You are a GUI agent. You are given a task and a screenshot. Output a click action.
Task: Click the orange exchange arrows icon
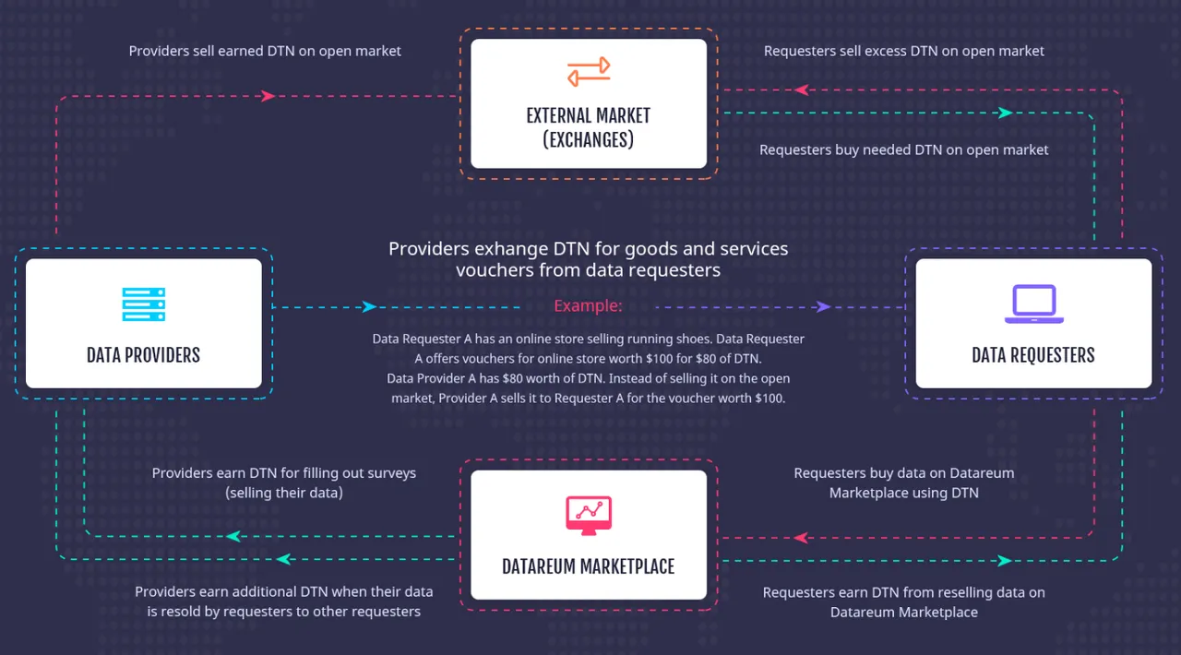point(589,72)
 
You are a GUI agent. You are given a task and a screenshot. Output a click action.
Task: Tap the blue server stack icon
point(143,304)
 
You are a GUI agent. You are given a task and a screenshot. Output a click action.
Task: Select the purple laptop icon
point(1034,304)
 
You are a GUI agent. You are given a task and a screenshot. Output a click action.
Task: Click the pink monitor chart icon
point(589,516)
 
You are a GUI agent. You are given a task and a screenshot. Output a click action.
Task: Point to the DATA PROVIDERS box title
point(143,355)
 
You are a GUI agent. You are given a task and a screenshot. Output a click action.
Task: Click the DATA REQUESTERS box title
point(1033,355)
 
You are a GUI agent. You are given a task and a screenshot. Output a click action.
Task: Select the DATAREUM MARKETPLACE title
point(589,567)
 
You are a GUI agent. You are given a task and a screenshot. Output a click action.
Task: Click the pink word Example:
point(588,306)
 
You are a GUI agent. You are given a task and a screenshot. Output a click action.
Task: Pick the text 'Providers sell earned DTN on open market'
point(265,51)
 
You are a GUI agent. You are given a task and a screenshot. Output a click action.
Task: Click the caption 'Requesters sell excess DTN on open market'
point(903,51)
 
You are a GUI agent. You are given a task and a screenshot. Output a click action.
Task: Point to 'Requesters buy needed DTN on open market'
point(903,149)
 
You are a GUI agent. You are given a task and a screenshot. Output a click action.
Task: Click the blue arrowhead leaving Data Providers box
point(369,307)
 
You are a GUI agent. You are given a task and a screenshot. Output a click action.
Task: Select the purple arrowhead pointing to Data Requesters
point(823,307)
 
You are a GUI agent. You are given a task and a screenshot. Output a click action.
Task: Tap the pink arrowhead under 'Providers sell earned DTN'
point(268,96)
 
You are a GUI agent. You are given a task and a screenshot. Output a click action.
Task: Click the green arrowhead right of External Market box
point(1006,113)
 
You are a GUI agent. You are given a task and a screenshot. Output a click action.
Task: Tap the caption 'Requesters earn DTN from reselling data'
point(903,602)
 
